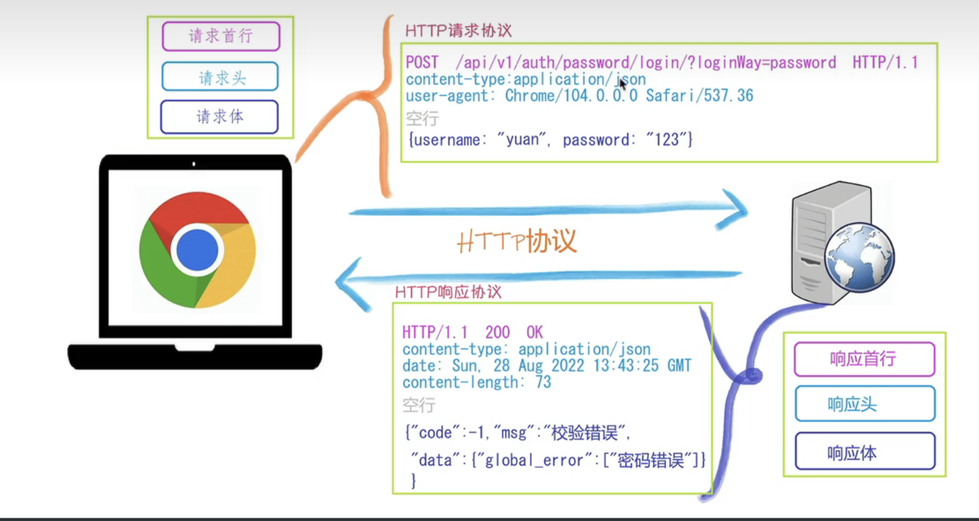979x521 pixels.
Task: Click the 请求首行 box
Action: pos(221,36)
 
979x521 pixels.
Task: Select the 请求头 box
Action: pos(220,77)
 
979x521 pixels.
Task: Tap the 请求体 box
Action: pos(219,117)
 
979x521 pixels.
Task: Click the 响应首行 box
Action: pos(864,359)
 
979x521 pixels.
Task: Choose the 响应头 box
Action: pos(864,404)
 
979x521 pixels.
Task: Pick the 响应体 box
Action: pos(864,451)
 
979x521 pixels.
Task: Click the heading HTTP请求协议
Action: pos(458,30)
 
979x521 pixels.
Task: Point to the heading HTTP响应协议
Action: pos(448,292)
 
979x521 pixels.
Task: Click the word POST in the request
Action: pos(422,63)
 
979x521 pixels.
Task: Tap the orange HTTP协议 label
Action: pos(517,242)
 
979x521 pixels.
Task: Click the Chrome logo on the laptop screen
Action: pos(198,249)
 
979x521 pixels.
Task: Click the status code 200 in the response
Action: pos(498,332)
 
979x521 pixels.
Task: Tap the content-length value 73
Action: pos(543,383)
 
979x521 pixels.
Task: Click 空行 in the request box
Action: pos(422,119)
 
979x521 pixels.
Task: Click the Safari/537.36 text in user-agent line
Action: pos(699,96)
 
